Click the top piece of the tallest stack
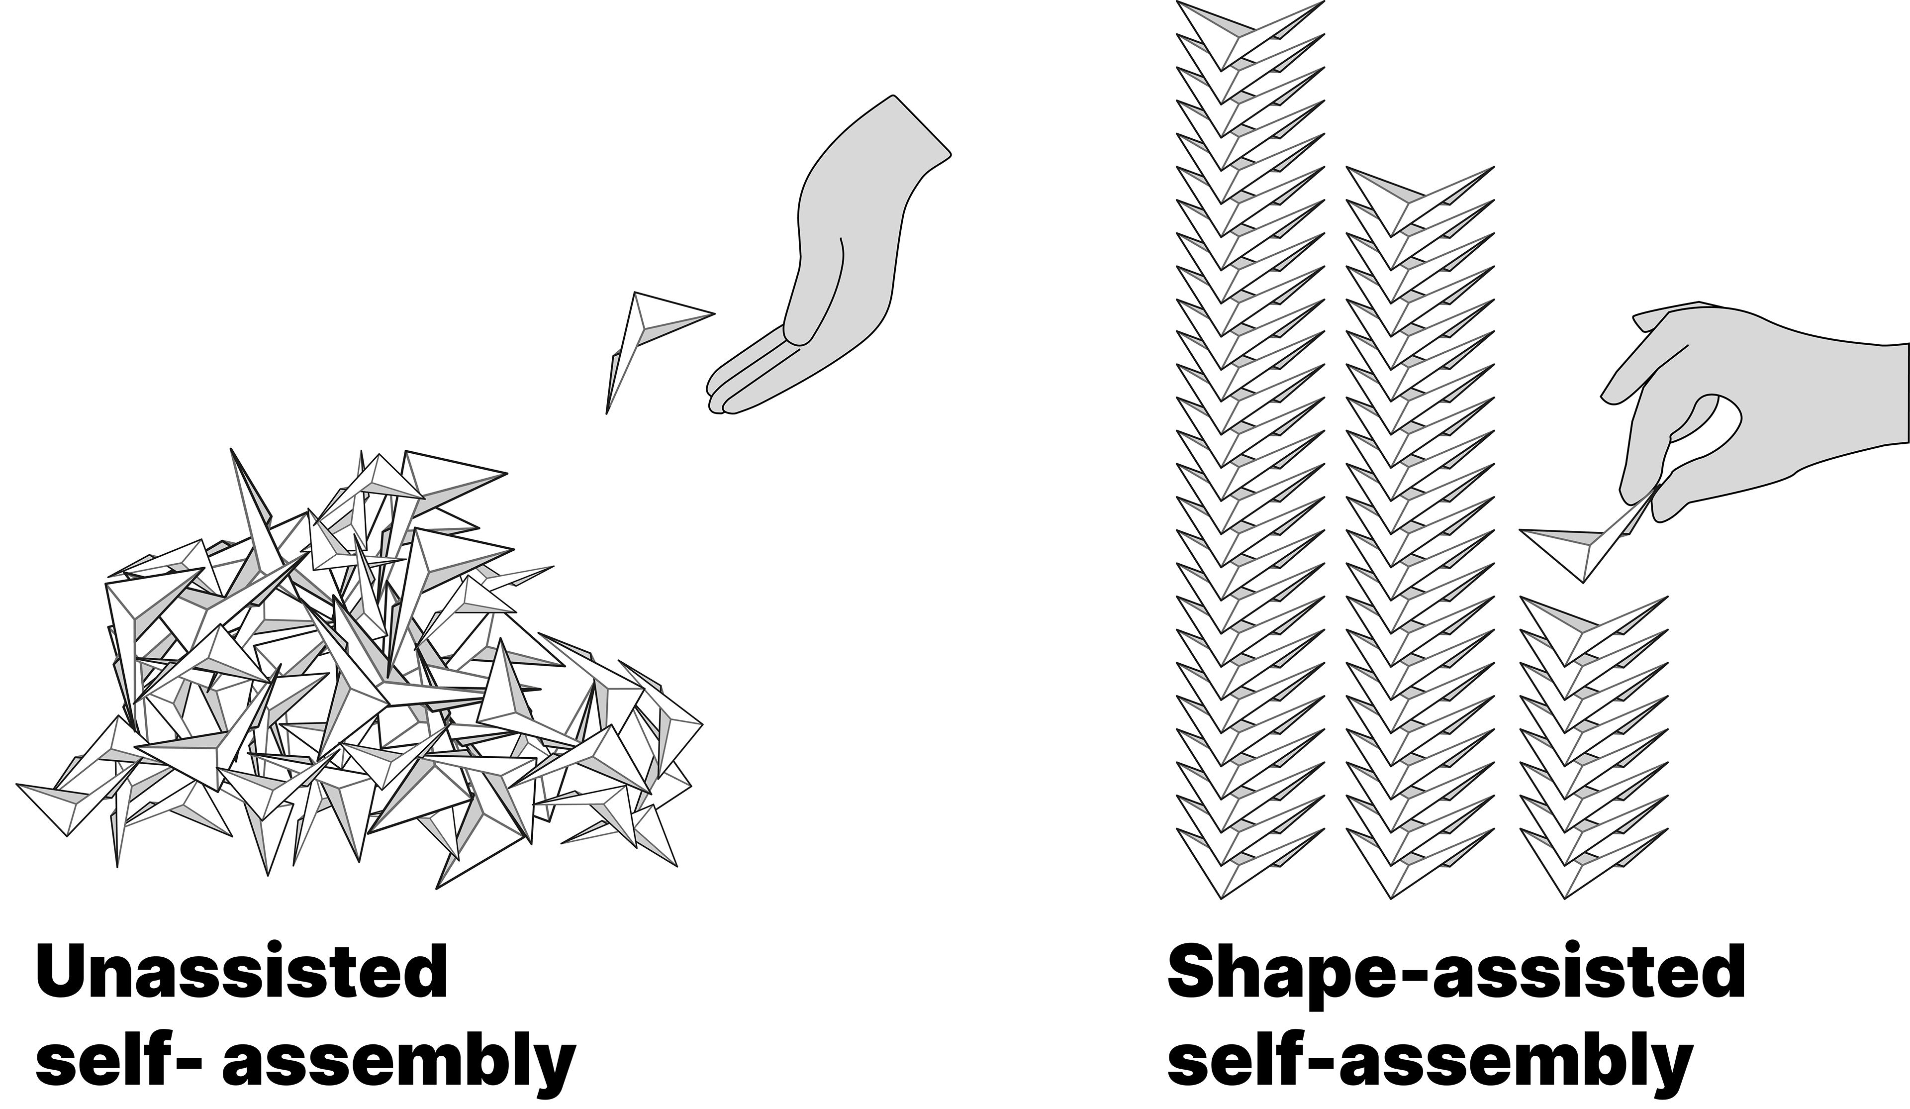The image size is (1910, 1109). point(1243,34)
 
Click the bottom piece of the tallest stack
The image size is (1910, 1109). point(1243,864)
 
